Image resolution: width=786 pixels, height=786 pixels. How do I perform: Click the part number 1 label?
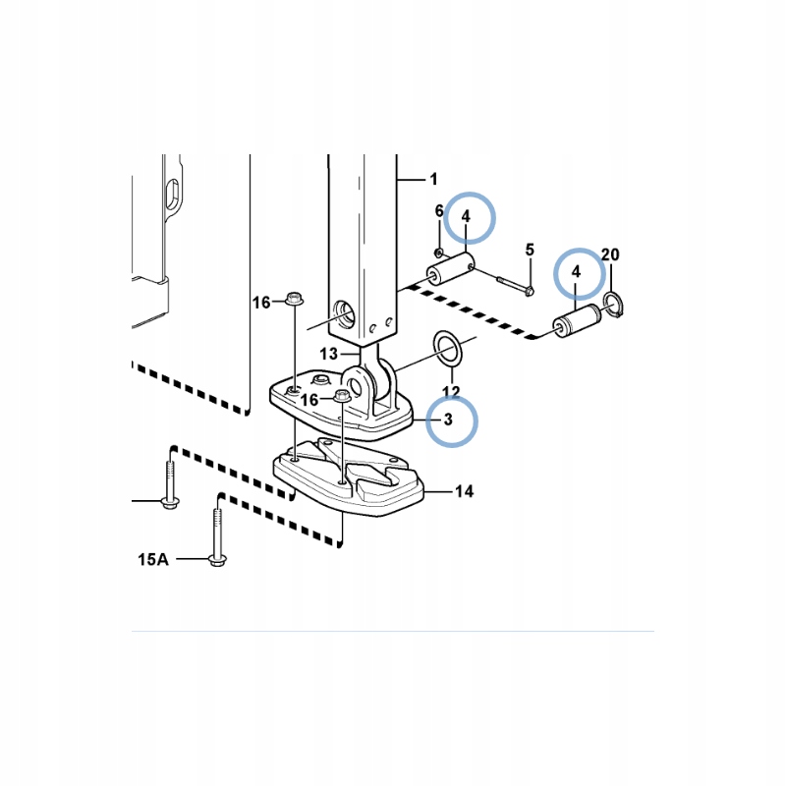[x=433, y=179]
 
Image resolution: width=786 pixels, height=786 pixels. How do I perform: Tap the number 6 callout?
[x=439, y=211]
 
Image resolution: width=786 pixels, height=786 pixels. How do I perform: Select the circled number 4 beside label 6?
[x=466, y=216]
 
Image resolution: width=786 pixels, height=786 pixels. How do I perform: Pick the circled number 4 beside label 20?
[x=576, y=272]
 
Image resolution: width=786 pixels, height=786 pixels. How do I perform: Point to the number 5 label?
[x=530, y=250]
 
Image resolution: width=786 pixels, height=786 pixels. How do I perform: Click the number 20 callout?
[x=610, y=254]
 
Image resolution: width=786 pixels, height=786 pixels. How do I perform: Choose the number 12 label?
[x=451, y=391]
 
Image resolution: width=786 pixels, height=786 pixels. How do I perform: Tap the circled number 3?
[x=448, y=420]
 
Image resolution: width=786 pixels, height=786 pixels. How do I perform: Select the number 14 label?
[x=464, y=491]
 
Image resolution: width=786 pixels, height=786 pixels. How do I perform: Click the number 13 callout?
[x=329, y=354]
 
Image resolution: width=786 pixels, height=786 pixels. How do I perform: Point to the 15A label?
[x=153, y=559]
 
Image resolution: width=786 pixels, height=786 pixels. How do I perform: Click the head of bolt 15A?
[x=217, y=560]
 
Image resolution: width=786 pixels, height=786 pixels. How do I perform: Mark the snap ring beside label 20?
[x=613, y=304]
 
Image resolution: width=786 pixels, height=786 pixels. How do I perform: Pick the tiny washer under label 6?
[x=439, y=252]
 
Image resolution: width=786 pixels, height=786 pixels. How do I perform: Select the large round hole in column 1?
[x=345, y=314]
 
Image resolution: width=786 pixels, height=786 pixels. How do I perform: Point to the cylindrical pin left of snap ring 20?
[x=578, y=321]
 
